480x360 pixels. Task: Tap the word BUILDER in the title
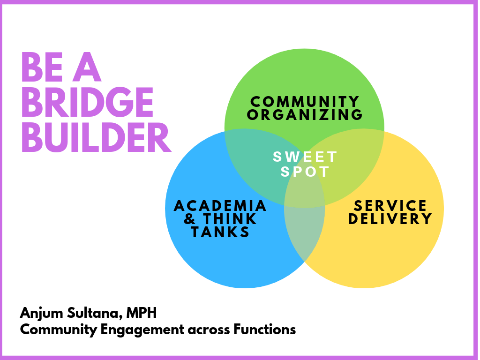[x=96, y=137]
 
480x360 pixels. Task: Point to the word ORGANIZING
[x=305, y=115]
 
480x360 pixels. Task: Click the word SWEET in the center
[x=305, y=157]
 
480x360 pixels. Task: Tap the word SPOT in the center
[x=305, y=172]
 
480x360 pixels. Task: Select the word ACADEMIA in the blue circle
[x=220, y=206]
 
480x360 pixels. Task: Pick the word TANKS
[x=220, y=232]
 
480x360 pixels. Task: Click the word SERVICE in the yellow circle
[x=390, y=206]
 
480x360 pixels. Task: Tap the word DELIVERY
[x=390, y=219]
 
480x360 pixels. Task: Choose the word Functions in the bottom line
[x=264, y=330]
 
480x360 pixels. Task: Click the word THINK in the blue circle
[x=230, y=219]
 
